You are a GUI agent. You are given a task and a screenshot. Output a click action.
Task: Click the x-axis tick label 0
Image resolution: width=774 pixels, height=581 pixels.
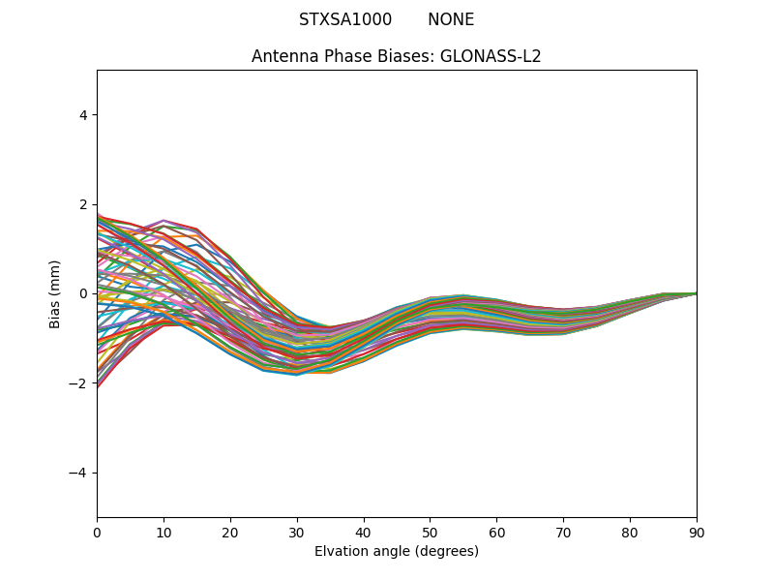(x=97, y=532)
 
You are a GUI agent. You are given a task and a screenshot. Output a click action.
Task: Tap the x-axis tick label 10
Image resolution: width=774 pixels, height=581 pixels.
(x=164, y=532)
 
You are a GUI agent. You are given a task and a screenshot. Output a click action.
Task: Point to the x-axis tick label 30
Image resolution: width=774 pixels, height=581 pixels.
(x=297, y=532)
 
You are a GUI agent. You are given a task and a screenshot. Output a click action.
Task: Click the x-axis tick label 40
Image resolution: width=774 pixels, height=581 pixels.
(x=364, y=532)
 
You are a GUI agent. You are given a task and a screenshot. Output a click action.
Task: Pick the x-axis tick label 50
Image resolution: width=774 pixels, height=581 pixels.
(x=430, y=532)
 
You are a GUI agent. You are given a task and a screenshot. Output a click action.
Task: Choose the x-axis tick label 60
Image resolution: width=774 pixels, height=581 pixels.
(x=496, y=532)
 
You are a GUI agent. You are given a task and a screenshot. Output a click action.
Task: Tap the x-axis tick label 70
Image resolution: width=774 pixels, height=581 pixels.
(x=563, y=532)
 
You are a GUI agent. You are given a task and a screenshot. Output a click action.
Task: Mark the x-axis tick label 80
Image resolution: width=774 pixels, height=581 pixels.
(x=630, y=532)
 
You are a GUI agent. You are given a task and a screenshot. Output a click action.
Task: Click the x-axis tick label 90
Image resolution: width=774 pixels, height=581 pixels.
(x=697, y=532)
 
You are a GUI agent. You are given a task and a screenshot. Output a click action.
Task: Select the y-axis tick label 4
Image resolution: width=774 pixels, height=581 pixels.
(x=83, y=115)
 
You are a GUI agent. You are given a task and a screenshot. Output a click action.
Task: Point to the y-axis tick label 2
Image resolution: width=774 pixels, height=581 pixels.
(x=83, y=204)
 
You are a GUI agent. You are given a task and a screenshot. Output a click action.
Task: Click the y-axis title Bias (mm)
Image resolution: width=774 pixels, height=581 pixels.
(x=55, y=293)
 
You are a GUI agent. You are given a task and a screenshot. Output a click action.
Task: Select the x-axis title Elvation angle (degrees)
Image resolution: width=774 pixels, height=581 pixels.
(x=397, y=551)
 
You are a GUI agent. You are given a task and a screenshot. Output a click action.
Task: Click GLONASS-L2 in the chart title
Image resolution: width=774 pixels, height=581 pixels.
(x=491, y=56)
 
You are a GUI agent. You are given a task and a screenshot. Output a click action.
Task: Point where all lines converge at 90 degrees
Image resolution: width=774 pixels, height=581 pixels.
(x=696, y=293)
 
